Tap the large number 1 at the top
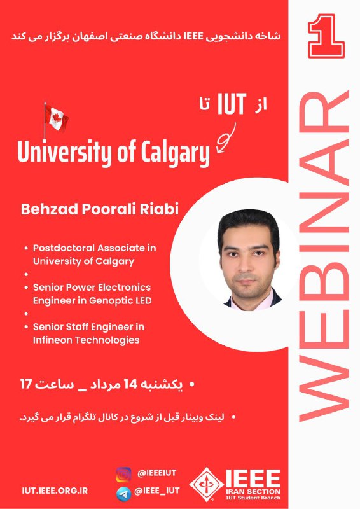point(326,36)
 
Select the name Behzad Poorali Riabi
point(100,209)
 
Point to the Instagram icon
point(123,475)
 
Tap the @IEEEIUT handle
point(157,473)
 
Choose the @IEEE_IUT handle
point(157,491)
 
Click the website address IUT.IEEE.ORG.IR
point(55,491)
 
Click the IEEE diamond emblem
point(207,484)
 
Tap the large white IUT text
point(232,104)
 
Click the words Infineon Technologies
point(86,340)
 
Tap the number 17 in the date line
point(26,384)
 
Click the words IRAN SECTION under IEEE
point(253,491)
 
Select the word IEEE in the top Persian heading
point(194,36)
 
